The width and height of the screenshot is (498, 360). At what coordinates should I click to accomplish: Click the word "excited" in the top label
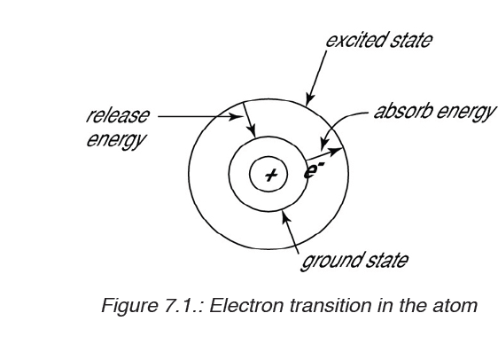355,41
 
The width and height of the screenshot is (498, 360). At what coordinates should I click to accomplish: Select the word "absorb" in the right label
403,111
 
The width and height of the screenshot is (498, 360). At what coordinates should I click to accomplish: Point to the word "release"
118,115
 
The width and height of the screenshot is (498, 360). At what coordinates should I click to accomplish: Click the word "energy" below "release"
116,140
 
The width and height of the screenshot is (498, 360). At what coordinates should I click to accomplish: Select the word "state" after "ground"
387,261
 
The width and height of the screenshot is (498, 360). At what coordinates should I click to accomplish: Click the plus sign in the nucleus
270,175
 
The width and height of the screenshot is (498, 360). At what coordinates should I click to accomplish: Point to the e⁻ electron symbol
314,171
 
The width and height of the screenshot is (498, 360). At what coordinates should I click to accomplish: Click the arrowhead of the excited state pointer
308,100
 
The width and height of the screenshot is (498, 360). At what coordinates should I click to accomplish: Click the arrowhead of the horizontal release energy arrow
236,116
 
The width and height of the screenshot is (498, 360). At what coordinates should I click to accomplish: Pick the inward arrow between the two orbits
249,120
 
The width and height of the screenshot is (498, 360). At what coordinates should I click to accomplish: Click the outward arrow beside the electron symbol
324,153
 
